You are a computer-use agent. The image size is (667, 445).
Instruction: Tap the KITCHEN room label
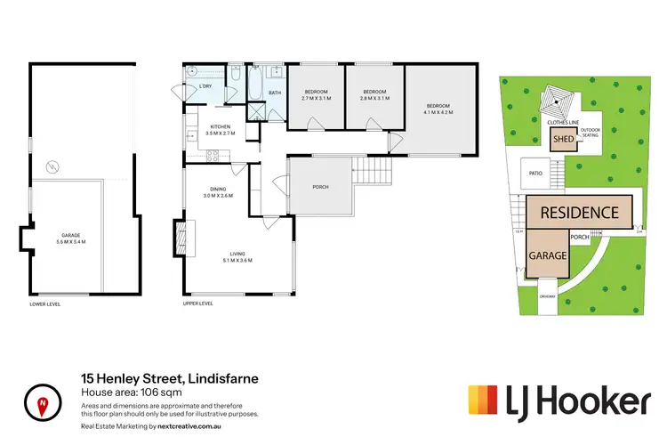pyautogui.click(x=221, y=126)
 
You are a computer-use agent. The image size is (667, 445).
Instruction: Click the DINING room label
pyautogui.click(x=218, y=189)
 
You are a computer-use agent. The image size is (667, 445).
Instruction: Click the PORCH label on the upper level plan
pyautogui.click(x=320, y=187)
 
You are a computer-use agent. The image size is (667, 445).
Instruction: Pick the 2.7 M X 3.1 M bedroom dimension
pyautogui.click(x=317, y=98)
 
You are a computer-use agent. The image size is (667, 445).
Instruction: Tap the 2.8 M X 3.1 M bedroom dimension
pyautogui.click(x=374, y=98)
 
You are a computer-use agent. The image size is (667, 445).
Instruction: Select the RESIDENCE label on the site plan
pyautogui.click(x=579, y=213)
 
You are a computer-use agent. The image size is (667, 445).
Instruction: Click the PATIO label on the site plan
pyautogui.click(x=535, y=174)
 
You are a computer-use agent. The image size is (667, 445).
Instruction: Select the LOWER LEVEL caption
pyautogui.click(x=44, y=303)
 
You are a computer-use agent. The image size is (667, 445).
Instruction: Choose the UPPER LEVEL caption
pyautogui.click(x=198, y=303)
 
